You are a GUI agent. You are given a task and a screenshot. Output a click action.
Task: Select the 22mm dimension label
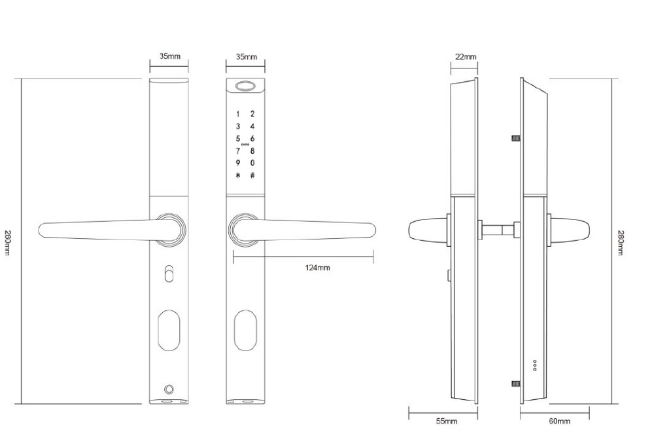click(465, 57)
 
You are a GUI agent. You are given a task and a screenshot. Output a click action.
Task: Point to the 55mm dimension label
click(447, 421)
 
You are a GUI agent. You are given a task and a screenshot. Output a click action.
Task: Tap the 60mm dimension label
click(559, 421)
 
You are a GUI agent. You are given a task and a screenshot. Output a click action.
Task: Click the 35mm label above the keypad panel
click(246, 57)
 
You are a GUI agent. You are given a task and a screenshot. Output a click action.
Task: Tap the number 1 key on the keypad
click(238, 114)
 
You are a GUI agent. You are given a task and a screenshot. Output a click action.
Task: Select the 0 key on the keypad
click(252, 163)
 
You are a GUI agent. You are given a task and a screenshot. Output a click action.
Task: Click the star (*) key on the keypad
click(238, 175)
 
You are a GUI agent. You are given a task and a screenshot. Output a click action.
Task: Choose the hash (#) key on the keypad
click(252, 175)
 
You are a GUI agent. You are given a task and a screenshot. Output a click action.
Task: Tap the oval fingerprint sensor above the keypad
click(246, 86)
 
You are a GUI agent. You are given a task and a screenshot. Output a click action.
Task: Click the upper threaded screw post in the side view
click(515, 139)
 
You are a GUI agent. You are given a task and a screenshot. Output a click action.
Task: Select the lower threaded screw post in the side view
click(515, 384)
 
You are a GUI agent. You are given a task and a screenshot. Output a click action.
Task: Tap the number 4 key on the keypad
click(252, 126)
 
